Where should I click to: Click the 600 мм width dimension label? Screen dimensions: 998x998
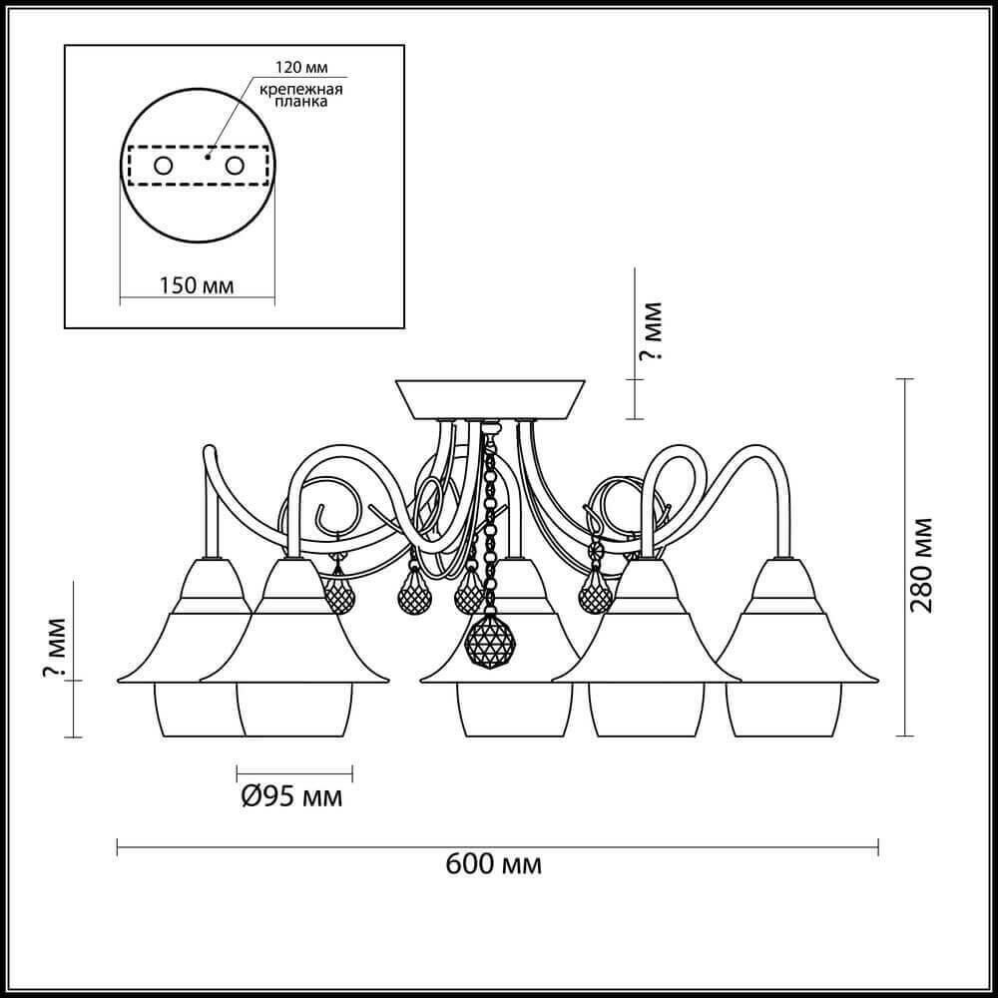coord(493,864)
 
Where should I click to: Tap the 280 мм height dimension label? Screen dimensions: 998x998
coord(921,566)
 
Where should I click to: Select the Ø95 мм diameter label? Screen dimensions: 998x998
coord(292,796)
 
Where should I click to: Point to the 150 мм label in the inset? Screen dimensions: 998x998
coord(196,285)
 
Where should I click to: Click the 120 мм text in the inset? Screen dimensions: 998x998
coord(301,68)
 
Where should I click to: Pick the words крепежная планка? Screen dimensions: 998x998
coord(301,95)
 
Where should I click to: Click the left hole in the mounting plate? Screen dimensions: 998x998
coord(163,166)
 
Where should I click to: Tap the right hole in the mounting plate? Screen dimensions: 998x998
coord(235,166)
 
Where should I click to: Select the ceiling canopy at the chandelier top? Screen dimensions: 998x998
coord(490,400)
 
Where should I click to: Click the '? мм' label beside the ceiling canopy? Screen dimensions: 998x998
coord(651,331)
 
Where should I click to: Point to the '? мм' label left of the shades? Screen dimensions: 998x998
coord(54,648)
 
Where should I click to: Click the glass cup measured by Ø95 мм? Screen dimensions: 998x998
coord(294,711)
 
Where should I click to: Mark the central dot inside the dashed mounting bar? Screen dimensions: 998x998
coord(207,156)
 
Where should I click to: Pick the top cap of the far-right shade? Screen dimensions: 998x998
coord(783,579)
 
